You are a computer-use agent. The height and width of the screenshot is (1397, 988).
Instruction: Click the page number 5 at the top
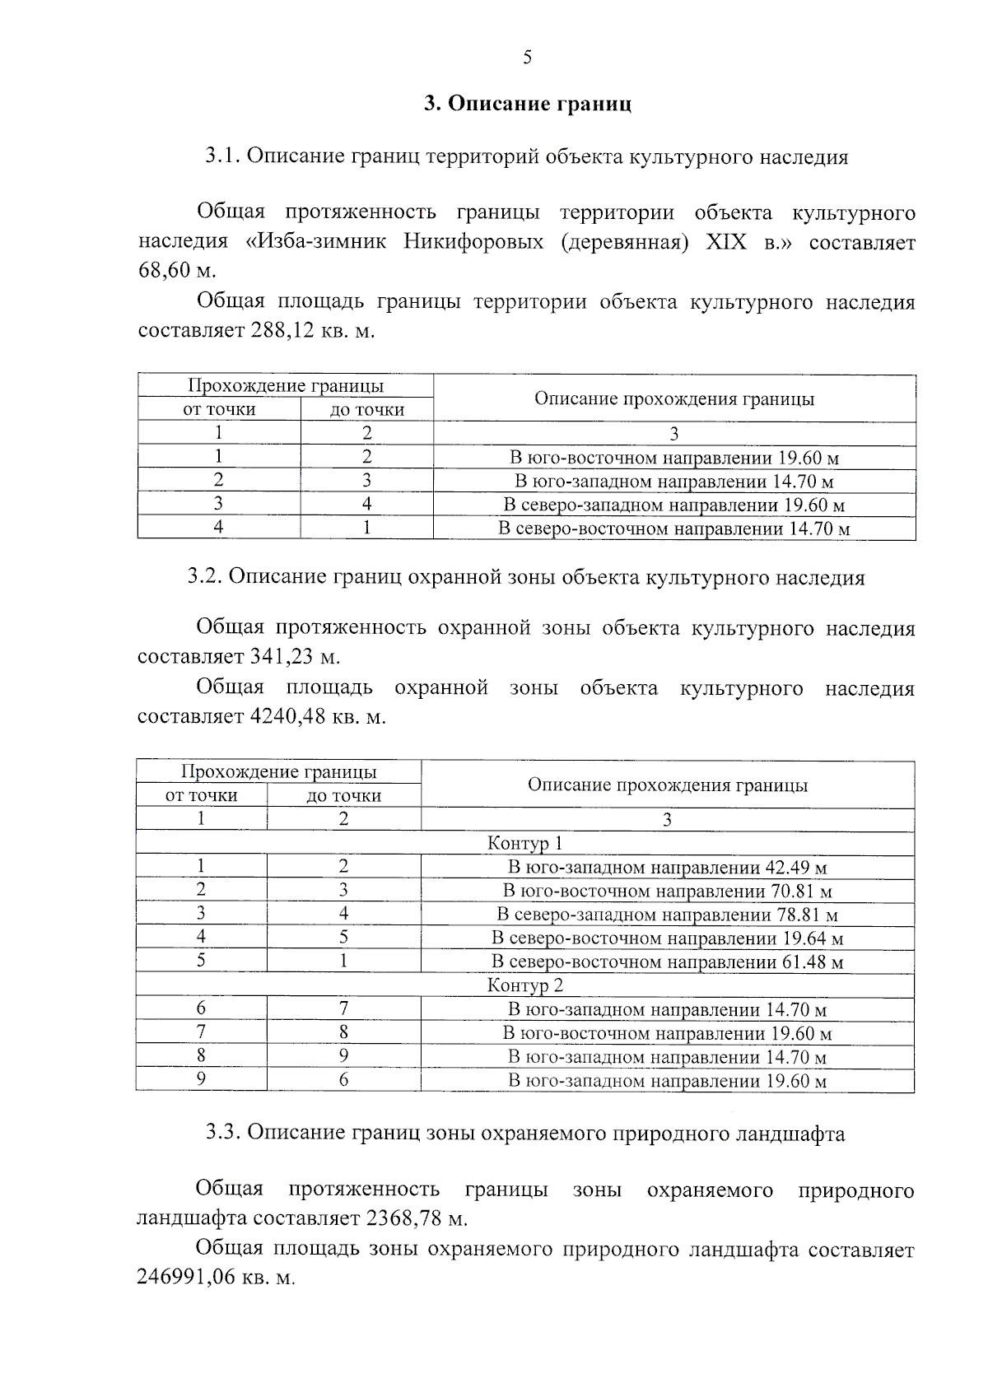point(527,57)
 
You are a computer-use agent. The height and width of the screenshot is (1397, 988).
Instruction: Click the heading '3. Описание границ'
point(527,105)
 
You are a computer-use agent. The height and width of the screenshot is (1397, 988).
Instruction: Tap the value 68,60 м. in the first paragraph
point(176,271)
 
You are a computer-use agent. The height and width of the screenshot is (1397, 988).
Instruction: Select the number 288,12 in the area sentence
point(281,331)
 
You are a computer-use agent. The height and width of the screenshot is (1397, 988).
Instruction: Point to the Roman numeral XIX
point(726,242)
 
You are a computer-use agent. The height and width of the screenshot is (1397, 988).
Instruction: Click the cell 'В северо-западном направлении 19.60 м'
point(673,505)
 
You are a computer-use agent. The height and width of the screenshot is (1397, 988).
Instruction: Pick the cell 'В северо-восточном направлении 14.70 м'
point(673,529)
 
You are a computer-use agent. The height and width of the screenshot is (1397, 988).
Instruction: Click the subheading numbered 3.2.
point(525,577)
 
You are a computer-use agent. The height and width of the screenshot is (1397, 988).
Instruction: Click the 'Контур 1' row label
point(524,843)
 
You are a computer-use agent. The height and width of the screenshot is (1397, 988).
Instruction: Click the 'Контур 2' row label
point(524,985)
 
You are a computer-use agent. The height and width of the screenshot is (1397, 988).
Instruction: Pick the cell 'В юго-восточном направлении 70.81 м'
point(667,891)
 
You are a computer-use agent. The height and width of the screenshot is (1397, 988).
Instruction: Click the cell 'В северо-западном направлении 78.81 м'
point(667,915)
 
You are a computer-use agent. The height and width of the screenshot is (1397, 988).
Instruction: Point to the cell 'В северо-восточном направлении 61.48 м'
point(667,962)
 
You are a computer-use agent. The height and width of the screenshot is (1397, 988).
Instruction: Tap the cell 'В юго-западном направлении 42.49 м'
point(667,867)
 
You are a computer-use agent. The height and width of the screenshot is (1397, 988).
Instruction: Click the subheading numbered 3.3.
point(525,1134)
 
